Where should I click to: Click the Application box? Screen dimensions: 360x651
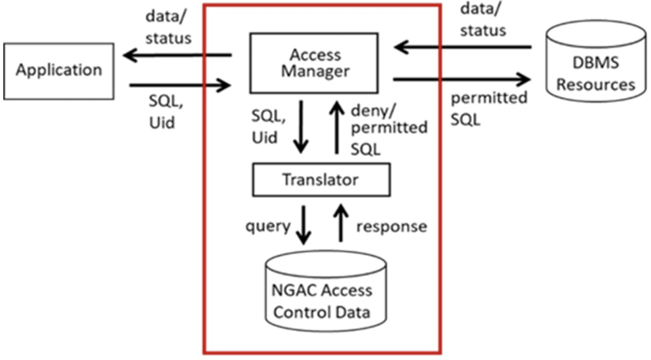point(59,69)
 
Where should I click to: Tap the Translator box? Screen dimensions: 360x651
point(320,180)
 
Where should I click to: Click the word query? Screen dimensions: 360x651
point(267,226)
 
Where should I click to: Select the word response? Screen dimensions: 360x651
point(391,226)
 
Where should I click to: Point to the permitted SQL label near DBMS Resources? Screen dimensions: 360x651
point(489,108)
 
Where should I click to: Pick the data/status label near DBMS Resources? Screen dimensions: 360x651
point(483,20)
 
